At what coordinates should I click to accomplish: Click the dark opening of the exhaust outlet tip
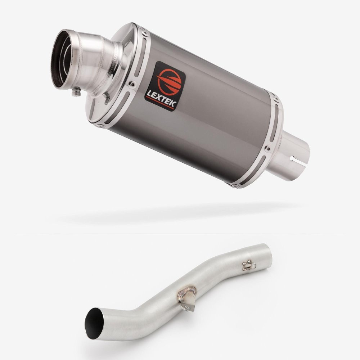tap(60, 60)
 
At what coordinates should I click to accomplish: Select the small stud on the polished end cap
tap(107, 98)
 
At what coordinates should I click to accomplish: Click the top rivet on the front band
tap(145, 33)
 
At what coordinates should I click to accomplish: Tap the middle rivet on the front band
tap(132, 84)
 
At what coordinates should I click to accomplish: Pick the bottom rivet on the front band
tap(100, 126)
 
